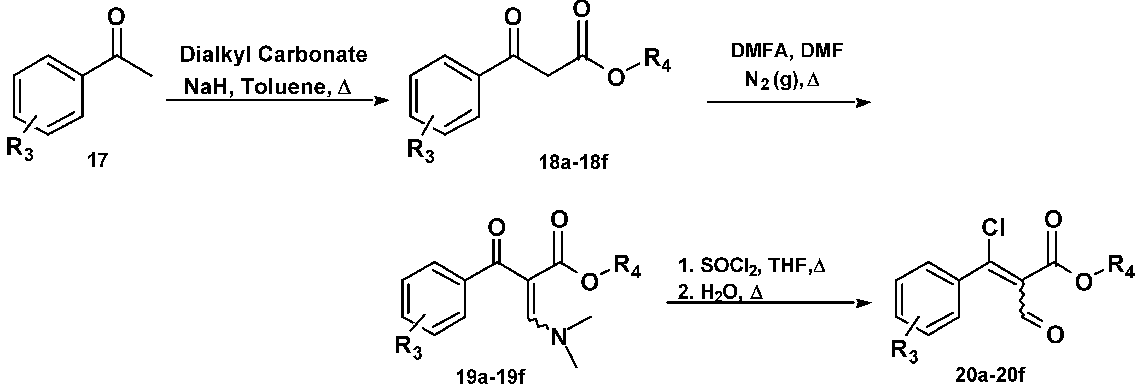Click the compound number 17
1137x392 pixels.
[97, 160]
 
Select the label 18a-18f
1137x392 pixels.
[573, 162]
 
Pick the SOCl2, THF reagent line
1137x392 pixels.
[750, 266]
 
